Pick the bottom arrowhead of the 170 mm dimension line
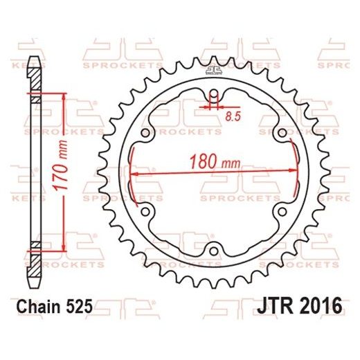click(x=64, y=247)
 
